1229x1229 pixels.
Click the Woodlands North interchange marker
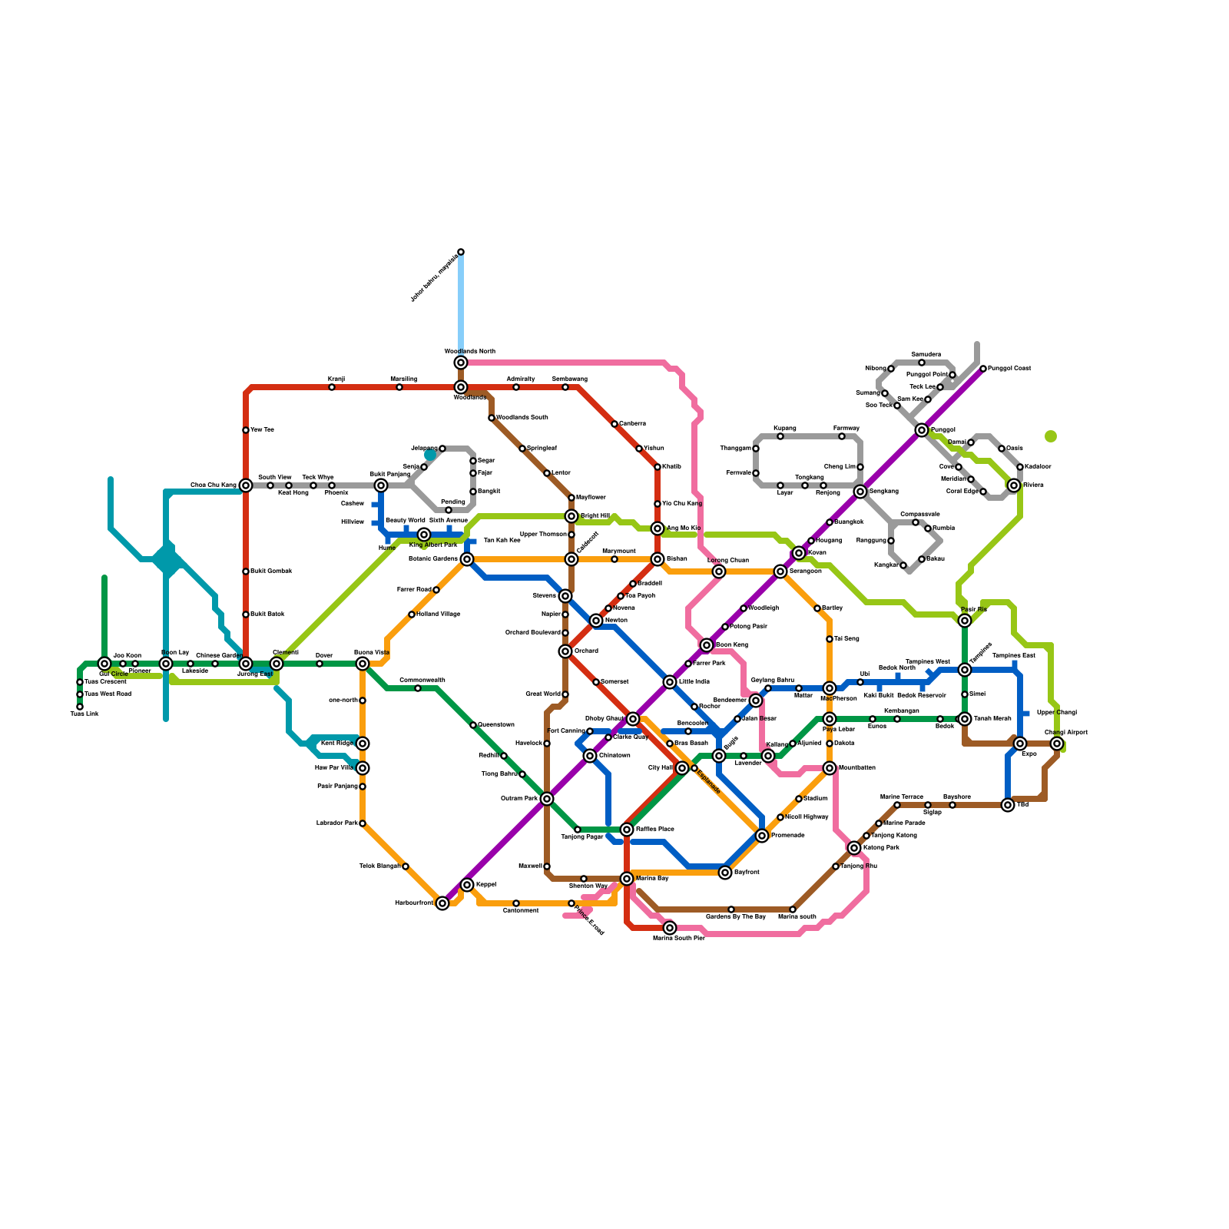461,363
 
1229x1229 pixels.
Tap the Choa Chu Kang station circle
246,485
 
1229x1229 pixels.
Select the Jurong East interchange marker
246,664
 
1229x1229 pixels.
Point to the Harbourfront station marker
442,903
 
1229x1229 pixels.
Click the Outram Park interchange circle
547,799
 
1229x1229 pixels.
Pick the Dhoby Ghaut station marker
633,719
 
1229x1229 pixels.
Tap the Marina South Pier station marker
670,928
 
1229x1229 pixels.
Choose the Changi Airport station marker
1057,744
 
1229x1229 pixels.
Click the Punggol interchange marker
922,430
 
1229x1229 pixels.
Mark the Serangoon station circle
780,571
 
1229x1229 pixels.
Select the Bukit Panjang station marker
381,485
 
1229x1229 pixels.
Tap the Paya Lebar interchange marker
830,719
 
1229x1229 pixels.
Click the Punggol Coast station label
1009,369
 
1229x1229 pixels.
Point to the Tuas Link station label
84,714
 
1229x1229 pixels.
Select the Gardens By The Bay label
735,917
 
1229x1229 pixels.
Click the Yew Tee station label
262,430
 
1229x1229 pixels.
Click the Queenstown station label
496,725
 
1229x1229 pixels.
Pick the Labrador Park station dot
363,823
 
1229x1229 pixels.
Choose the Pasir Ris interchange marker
965,621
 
